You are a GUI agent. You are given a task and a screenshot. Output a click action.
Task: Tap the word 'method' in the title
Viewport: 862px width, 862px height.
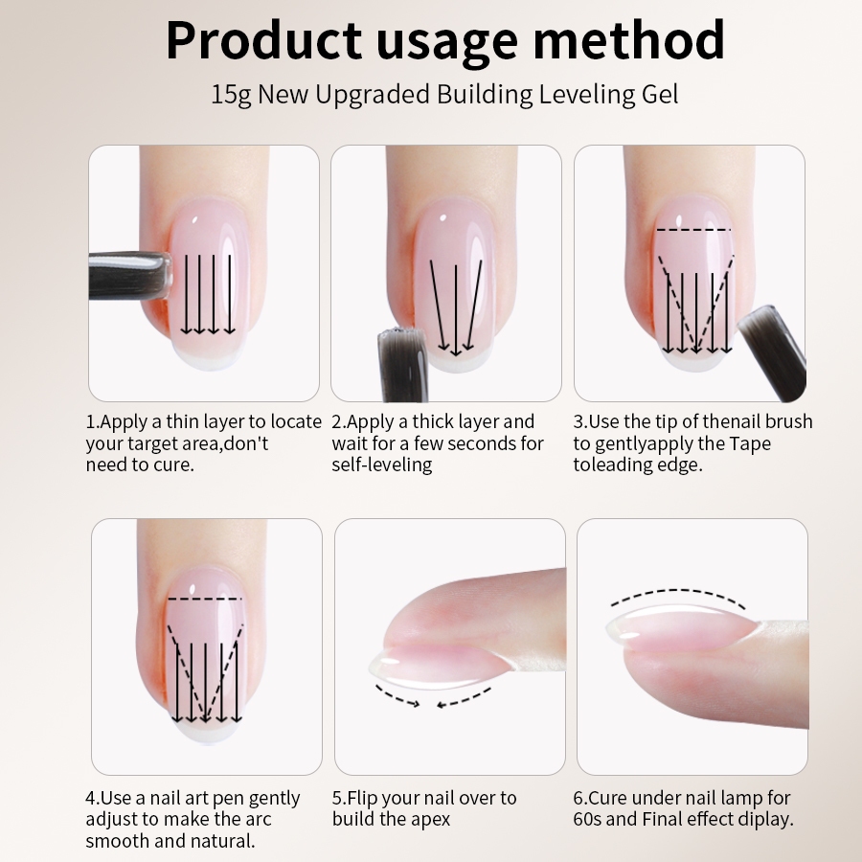coord(629,39)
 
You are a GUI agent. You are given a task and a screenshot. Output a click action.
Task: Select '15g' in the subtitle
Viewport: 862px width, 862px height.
coord(231,95)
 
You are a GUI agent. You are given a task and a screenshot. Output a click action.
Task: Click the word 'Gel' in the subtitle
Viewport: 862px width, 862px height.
coord(660,95)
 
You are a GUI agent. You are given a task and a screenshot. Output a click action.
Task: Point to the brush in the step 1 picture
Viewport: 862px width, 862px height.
coord(129,276)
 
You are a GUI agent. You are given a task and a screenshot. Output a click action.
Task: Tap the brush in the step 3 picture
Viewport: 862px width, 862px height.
coord(772,352)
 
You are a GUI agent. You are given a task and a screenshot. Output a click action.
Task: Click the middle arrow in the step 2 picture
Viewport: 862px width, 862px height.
coord(456,310)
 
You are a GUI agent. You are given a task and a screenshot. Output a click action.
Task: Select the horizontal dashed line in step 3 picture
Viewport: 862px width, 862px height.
coord(693,229)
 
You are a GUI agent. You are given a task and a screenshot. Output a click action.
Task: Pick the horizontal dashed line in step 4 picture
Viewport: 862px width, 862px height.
coord(205,598)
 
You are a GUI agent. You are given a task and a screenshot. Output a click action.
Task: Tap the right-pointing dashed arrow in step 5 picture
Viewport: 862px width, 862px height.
coord(397,696)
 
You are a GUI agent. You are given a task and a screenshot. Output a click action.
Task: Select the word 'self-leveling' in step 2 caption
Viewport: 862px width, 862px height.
coord(382,465)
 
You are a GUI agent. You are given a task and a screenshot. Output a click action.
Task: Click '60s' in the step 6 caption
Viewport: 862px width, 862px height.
coord(587,819)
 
